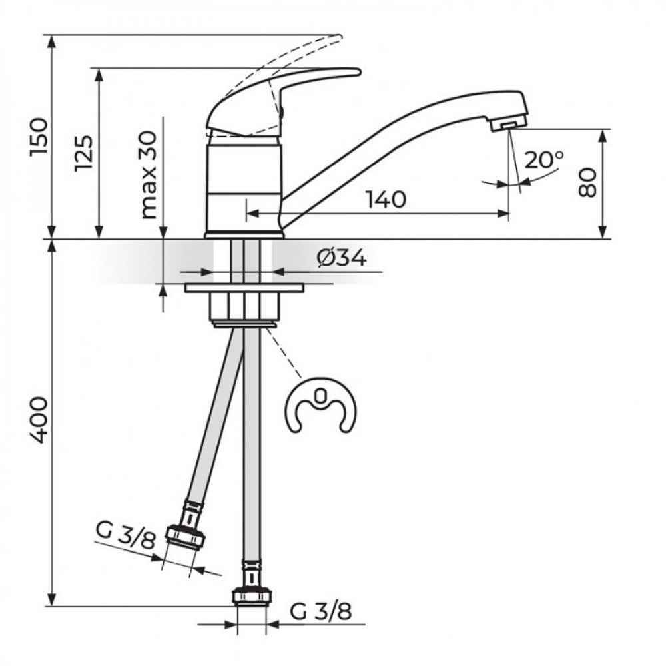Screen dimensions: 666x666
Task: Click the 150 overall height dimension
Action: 39,137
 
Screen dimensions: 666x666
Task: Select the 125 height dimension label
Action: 83,153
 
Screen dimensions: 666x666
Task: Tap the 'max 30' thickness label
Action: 149,174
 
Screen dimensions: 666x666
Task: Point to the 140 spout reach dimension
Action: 386,200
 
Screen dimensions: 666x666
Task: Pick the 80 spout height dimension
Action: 588,182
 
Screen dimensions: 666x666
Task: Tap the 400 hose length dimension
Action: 39,420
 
